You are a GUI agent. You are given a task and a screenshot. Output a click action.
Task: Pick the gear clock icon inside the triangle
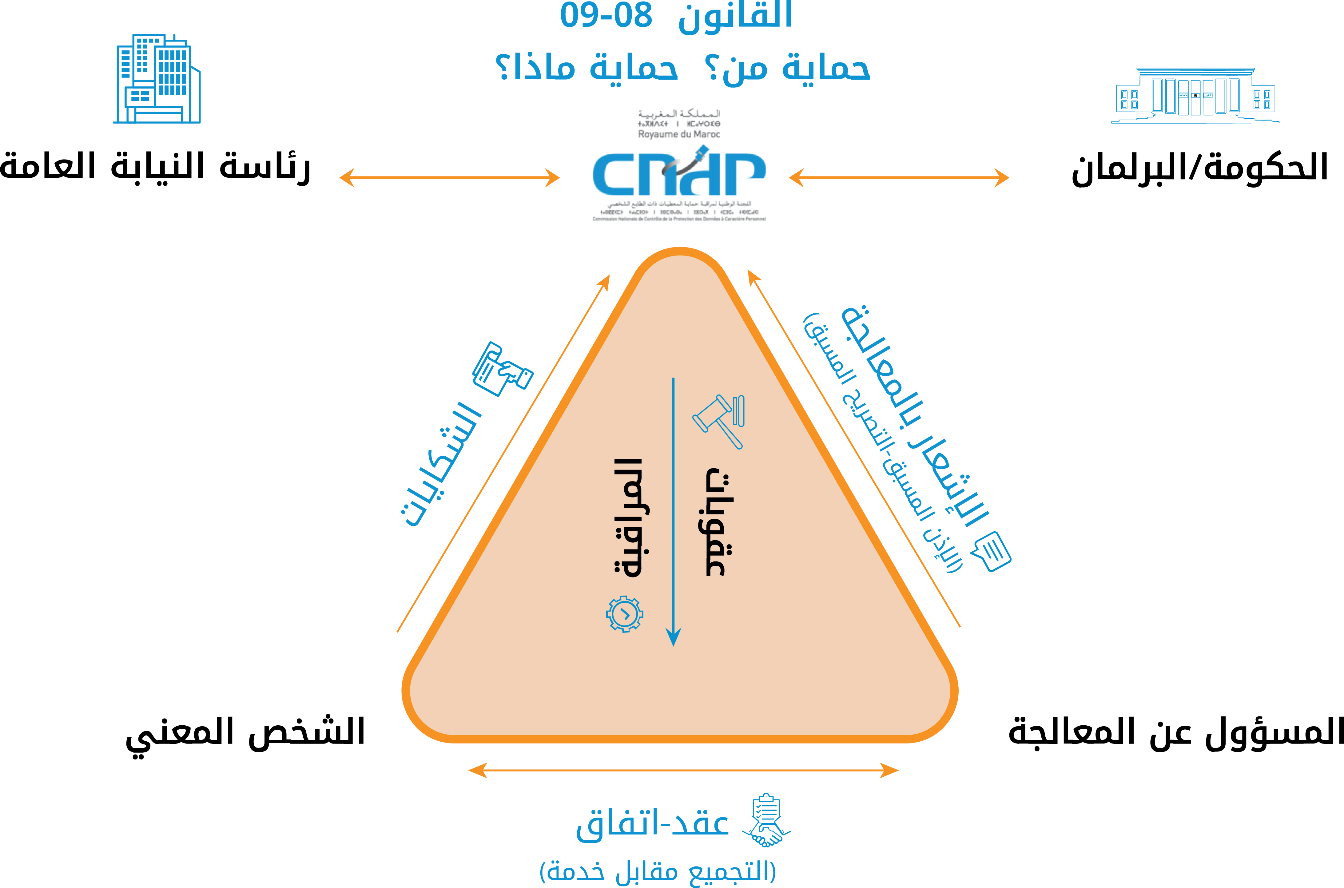coord(625,614)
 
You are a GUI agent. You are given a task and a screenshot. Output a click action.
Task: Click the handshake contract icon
coord(766,819)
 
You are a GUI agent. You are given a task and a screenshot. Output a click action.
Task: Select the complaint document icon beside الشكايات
coord(502,369)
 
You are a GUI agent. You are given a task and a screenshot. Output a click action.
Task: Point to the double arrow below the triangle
coord(683,770)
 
